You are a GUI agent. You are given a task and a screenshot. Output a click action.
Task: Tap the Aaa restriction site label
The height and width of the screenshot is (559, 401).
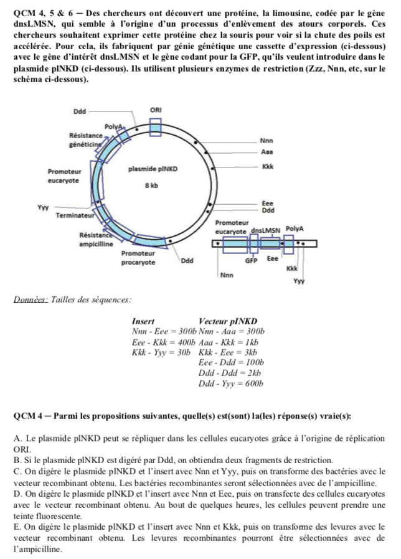[x=267, y=151]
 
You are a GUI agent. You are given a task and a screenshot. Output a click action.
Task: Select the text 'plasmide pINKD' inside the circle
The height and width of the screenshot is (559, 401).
[x=153, y=169]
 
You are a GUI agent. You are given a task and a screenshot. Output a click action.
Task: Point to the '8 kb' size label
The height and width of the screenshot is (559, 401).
[x=152, y=185]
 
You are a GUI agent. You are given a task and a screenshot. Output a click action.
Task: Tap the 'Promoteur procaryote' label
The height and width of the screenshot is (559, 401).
[x=138, y=258]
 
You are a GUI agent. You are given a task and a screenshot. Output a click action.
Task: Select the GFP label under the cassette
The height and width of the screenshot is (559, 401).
[x=251, y=261]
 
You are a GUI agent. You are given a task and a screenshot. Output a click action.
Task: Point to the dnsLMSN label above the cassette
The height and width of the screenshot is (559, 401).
[x=266, y=230]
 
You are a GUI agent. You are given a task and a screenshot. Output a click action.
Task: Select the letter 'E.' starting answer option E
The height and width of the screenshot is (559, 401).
[x=17, y=526]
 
